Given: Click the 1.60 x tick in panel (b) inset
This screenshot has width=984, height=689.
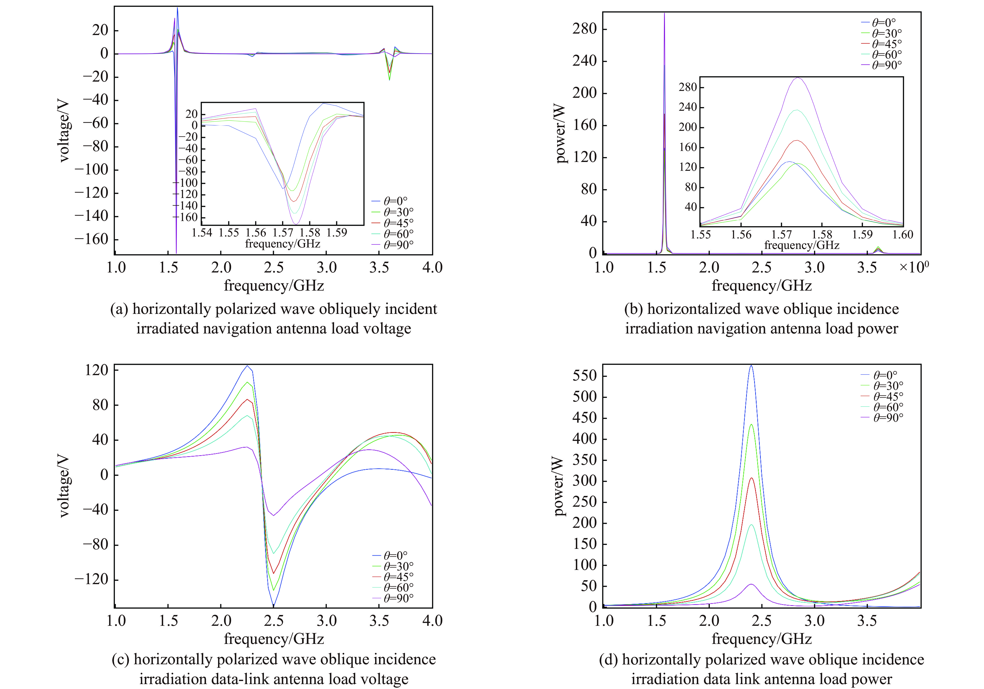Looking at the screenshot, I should [903, 234].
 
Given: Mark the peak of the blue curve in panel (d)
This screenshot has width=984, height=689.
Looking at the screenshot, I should [751, 366].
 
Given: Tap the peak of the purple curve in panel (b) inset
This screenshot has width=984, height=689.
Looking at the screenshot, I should [798, 78].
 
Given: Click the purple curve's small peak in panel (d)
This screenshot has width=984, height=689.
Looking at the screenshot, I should [751, 584].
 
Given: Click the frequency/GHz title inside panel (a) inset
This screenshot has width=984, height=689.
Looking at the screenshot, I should [283, 244].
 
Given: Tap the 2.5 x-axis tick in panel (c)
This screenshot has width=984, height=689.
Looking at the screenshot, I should [273, 620].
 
